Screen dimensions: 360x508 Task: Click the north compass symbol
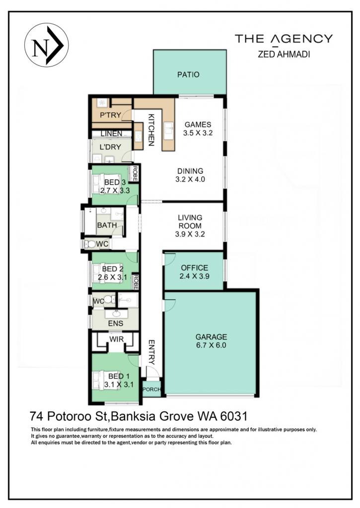(46, 45)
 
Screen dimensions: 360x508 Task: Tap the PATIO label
(188, 74)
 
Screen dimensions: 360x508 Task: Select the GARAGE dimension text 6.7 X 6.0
(211, 345)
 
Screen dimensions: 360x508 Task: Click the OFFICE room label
(195, 268)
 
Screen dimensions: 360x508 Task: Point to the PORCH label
(151, 389)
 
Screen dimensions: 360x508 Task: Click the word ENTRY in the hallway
(151, 352)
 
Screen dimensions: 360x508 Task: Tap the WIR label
(116, 339)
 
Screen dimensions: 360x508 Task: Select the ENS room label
(116, 323)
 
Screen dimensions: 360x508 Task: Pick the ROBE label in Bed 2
(136, 282)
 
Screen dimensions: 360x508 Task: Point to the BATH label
(107, 225)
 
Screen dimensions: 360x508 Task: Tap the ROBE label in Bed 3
(134, 174)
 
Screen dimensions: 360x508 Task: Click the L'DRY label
(110, 147)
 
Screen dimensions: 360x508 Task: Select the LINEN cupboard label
(111, 133)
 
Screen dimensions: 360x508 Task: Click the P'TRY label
(110, 115)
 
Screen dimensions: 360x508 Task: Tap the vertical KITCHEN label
(151, 130)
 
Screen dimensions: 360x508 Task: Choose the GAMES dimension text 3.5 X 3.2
(198, 133)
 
